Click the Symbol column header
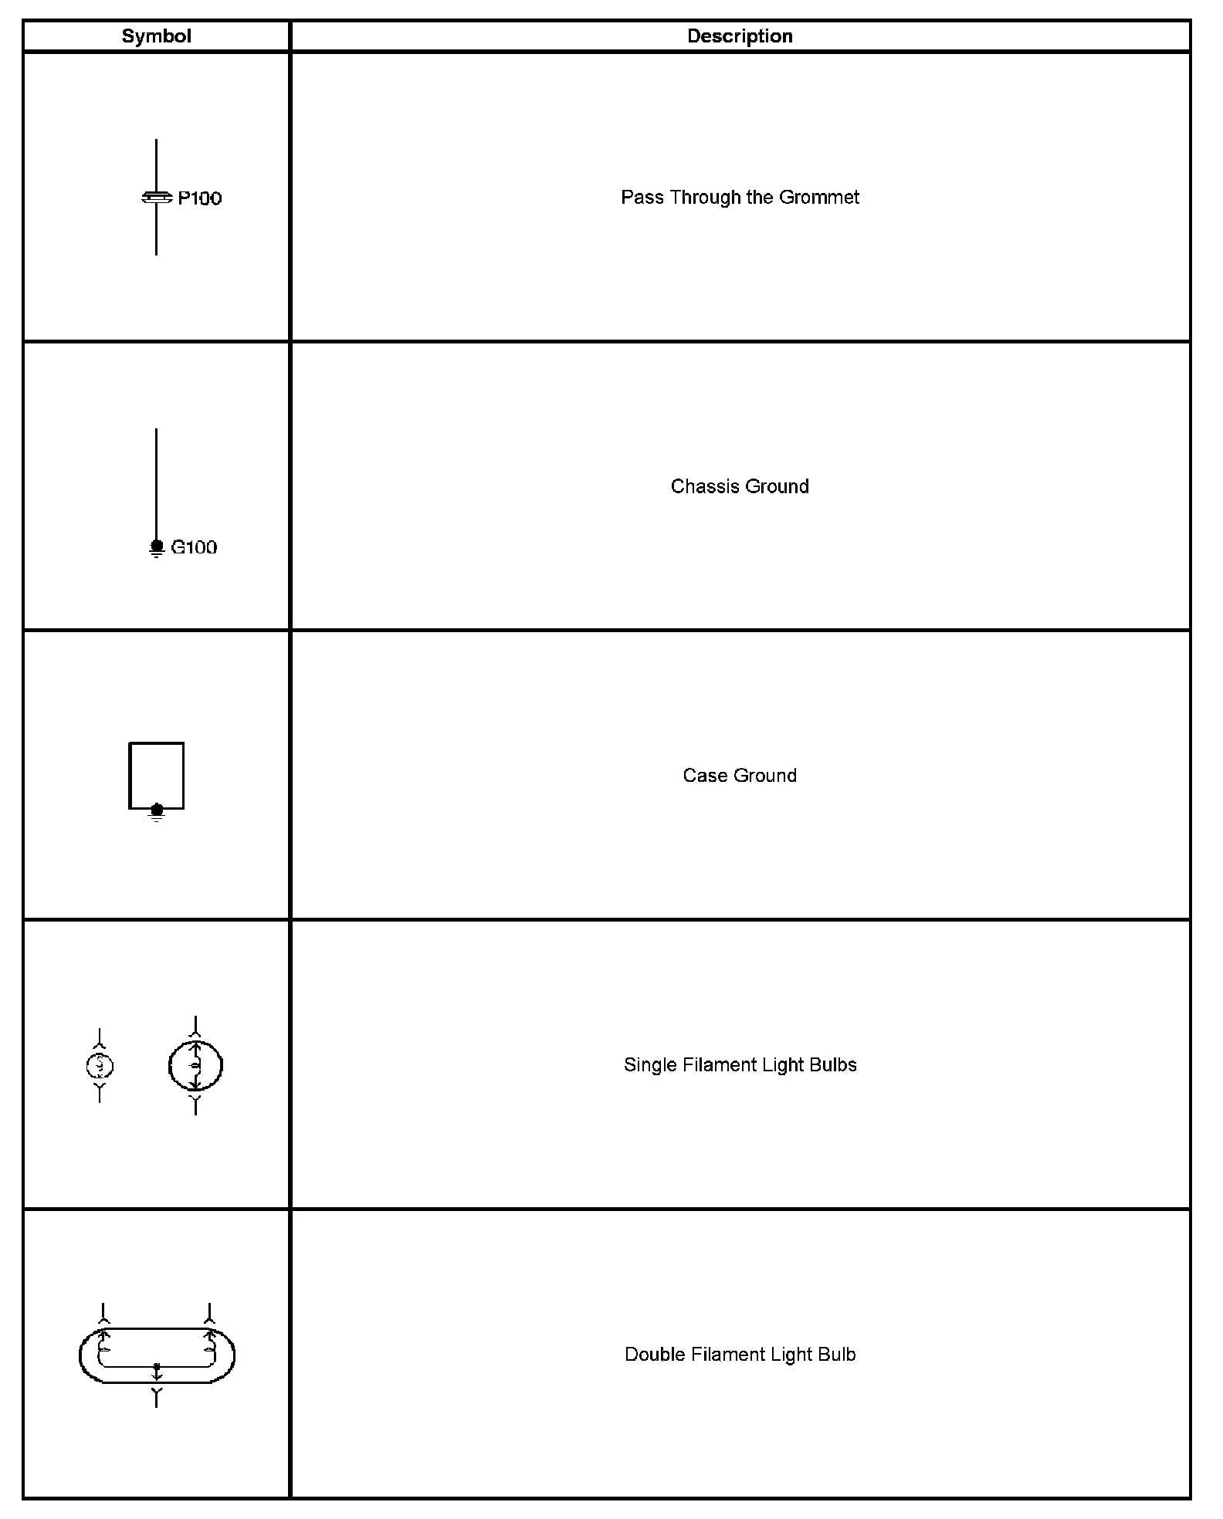pyautogui.click(x=156, y=36)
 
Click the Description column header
pyautogui.click(x=740, y=36)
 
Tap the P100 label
pyautogui.click(x=200, y=198)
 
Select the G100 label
pyautogui.click(x=194, y=547)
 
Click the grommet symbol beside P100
pyautogui.click(x=157, y=198)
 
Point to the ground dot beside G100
pyautogui.click(x=157, y=546)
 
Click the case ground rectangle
pyautogui.click(x=157, y=774)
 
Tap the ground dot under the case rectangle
pyautogui.click(x=157, y=810)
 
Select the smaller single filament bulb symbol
pyautogui.click(x=100, y=1066)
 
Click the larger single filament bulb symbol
pyautogui.click(x=195, y=1066)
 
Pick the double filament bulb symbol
pyautogui.click(x=157, y=1355)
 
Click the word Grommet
pyautogui.click(x=818, y=198)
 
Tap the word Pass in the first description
pyautogui.click(x=642, y=198)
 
